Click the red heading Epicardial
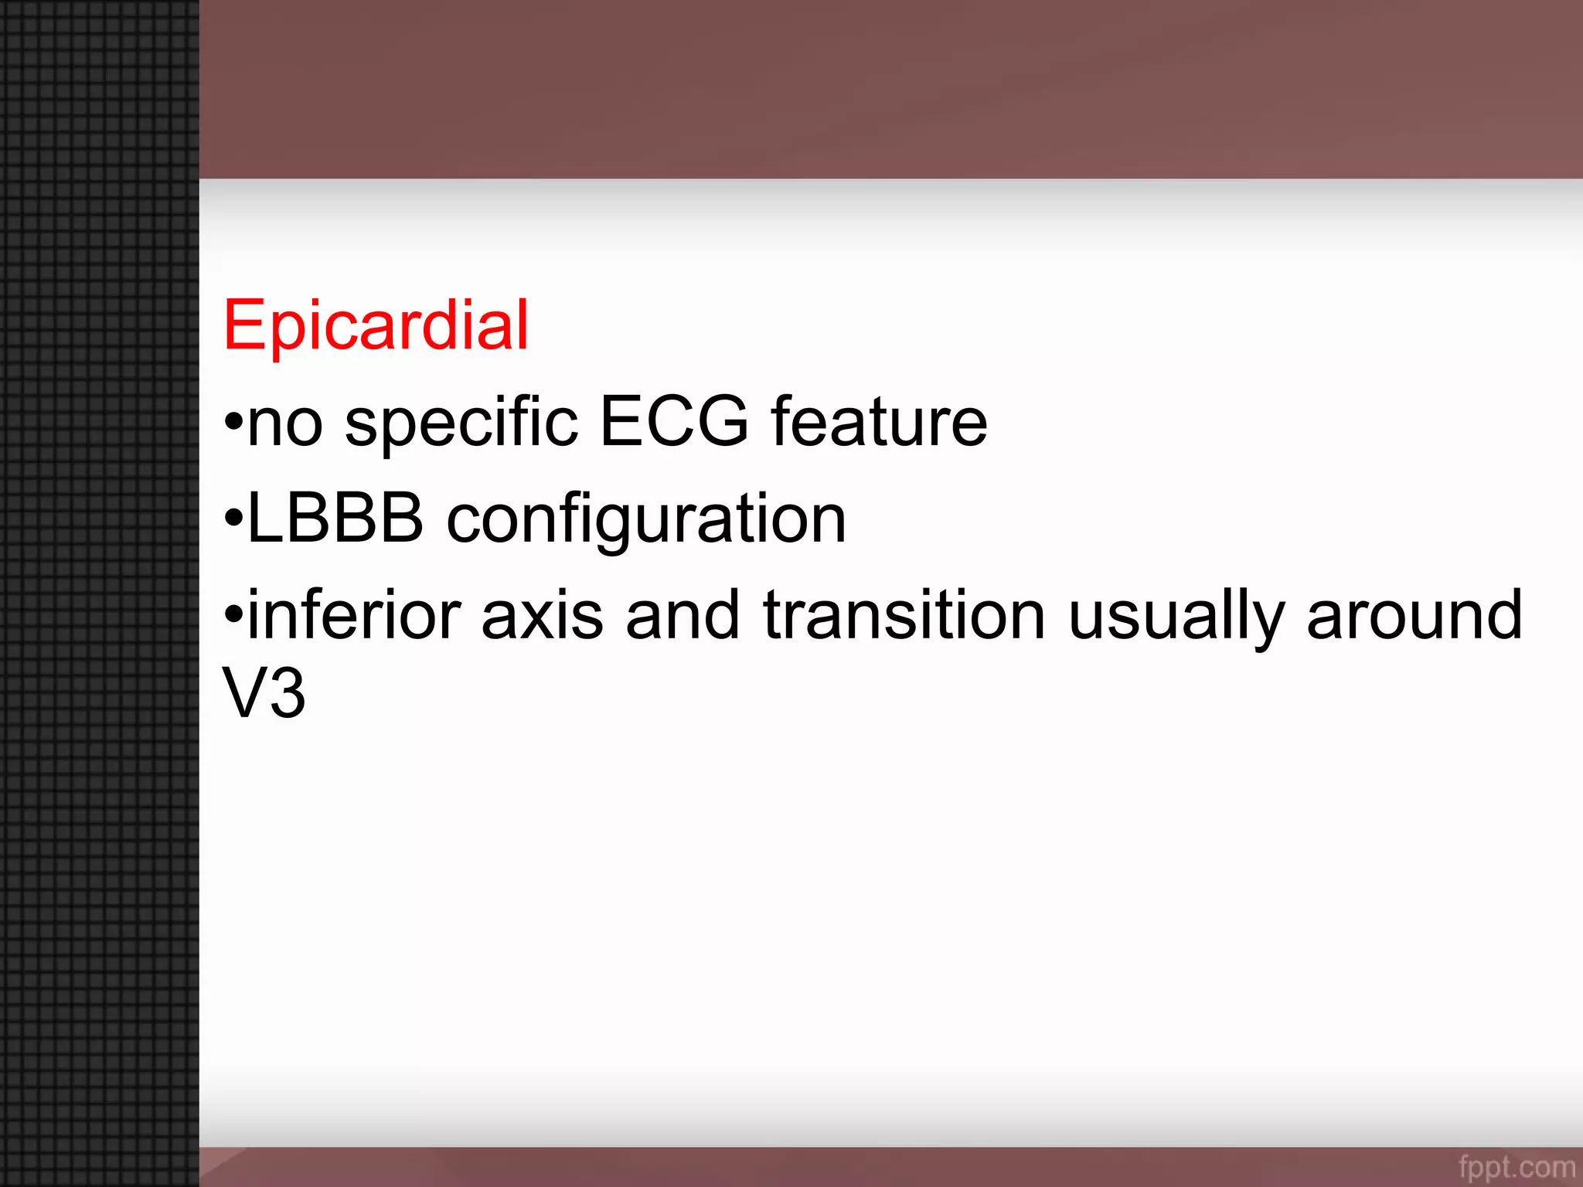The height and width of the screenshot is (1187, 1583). pos(376,325)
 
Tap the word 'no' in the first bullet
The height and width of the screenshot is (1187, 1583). pos(284,423)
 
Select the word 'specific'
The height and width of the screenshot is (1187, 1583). pos(461,423)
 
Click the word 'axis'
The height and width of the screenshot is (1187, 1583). pos(542,616)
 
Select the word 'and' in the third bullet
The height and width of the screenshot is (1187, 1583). pos(683,616)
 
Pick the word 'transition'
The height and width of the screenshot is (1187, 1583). pos(904,616)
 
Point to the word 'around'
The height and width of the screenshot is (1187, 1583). pos(1414,616)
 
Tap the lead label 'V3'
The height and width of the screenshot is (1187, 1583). pos(264,692)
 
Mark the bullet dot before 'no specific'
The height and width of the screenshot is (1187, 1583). pos(233,423)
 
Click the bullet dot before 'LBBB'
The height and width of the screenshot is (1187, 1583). pos(233,519)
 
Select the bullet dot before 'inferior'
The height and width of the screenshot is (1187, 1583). pos(233,616)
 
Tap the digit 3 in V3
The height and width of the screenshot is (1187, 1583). pos(287,693)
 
